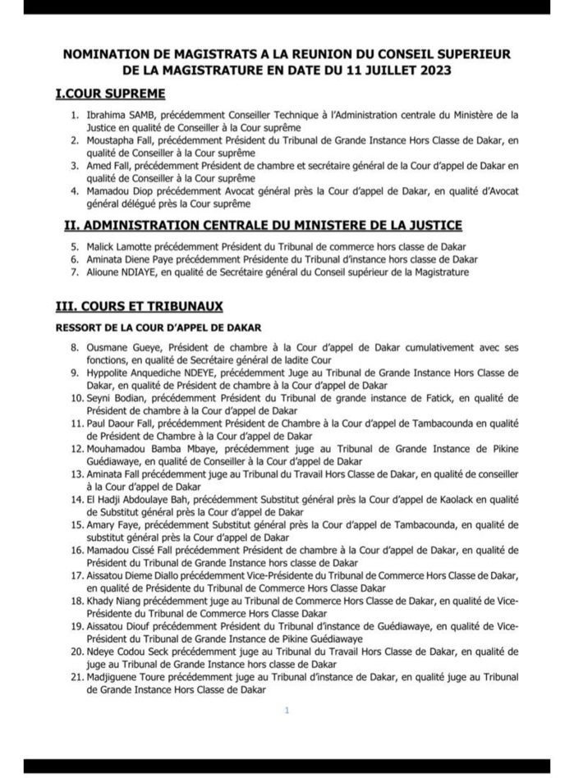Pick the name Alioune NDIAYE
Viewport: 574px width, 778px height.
[122, 272]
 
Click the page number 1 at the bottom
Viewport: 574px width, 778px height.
[287, 711]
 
